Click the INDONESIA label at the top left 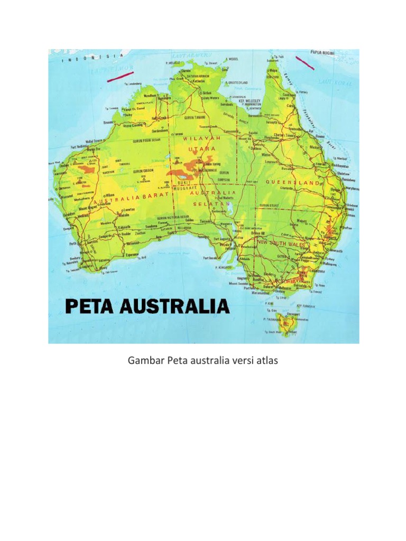tap(93, 57)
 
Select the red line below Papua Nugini tap(304, 62)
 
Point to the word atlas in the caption tap(266, 361)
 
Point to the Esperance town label tap(132, 254)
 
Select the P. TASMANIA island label tap(271, 320)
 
